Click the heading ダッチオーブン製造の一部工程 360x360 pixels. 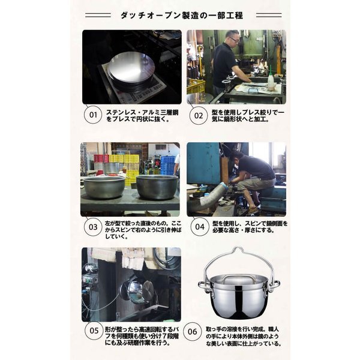[182, 16]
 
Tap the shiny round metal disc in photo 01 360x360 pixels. [130, 70]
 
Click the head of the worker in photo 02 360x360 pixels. [232, 38]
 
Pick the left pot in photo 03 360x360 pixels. [104, 187]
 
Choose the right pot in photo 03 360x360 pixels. [157, 187]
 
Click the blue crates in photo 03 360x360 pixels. [168, 165]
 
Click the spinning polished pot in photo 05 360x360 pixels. [137, 290]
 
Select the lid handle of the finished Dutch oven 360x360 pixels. [239, 278]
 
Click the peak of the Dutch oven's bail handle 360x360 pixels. [238, 247]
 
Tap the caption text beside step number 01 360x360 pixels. [142, 115]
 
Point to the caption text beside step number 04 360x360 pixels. [250, 227]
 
